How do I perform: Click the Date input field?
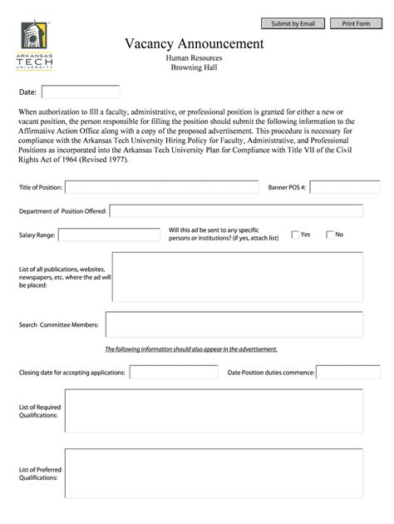[x=81, y=92]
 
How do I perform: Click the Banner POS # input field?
[x=345, y=187]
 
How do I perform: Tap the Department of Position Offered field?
[x=236, y=211]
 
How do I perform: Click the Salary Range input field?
[x=109, y=235]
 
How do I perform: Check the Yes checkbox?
[x=295, y=235]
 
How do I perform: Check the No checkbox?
[x=330, y=235]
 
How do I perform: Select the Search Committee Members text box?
[x=234, y=324]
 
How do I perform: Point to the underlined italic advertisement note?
[x=190, y=349]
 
